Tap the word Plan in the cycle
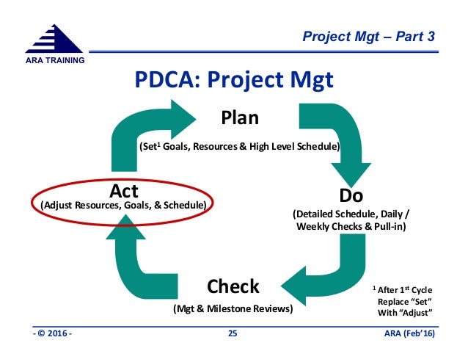(x=241, y=117)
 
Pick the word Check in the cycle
(x=233, y=285)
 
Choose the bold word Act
(x=124, y=190)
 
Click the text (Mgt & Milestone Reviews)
(x=233, y=308)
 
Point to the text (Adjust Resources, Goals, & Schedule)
(x=122, y=203)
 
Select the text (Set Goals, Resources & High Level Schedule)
(x=239, y=147)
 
